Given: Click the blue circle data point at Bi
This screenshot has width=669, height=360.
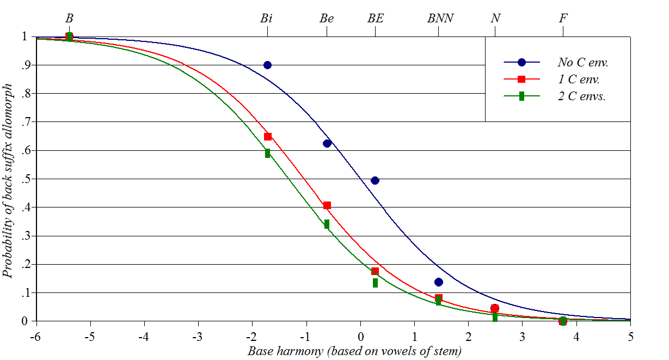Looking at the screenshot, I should [x=267, y=65].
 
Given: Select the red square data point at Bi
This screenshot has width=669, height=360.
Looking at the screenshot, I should [x=268, y=137].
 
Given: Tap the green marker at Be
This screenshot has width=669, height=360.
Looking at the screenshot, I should [x=327, y=224].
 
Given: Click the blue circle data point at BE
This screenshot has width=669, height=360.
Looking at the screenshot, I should [x=375, y=180].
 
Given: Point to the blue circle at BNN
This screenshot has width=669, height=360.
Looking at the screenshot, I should [x=439, y=282].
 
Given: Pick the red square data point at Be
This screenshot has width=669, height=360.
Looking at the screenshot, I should [x=327, y=205].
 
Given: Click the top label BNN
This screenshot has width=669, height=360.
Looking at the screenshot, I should [x=440, y=18].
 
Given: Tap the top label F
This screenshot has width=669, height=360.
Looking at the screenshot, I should [x=563, y=18].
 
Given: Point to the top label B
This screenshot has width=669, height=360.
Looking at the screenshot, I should [x=69, y=18].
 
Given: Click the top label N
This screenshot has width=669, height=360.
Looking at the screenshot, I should [x=495, y=18].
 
